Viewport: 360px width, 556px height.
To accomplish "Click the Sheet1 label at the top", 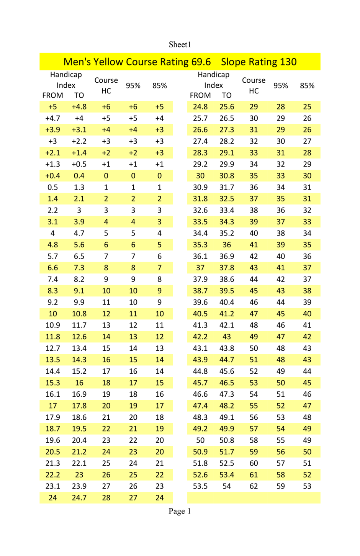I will [x=180, y=44].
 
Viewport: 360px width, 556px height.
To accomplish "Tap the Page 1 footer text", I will [x=180, y=511].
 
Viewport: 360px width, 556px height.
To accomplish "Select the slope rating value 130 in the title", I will [x=288, y=62].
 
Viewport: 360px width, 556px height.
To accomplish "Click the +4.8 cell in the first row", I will [x=79, y=107].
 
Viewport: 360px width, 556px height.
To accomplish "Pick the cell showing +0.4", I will [x=52, y=176].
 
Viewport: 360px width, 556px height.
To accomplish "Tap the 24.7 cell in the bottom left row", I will [x=79, y=498].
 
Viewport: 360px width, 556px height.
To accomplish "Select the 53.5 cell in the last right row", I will [x=200, y=486].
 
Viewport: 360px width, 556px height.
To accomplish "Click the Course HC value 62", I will [x=254, y=486].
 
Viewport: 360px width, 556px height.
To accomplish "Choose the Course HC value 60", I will [x=254, y=463].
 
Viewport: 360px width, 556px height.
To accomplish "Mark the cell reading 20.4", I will [x=79, y=440].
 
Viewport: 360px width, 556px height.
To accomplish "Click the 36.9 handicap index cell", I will [x=227, y=256].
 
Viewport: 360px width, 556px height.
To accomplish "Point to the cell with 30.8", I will [x=227, y=176].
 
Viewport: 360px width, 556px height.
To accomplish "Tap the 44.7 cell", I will [x=227, y=360].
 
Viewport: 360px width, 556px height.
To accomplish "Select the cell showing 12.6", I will [x=79, y=337].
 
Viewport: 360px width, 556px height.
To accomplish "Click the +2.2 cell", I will [x=79, y=141].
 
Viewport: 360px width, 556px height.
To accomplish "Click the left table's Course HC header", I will [x=106, y=85].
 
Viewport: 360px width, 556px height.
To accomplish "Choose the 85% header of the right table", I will [x=307, y=85].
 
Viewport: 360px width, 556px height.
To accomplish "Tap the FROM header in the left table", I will [x=52, y=95].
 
